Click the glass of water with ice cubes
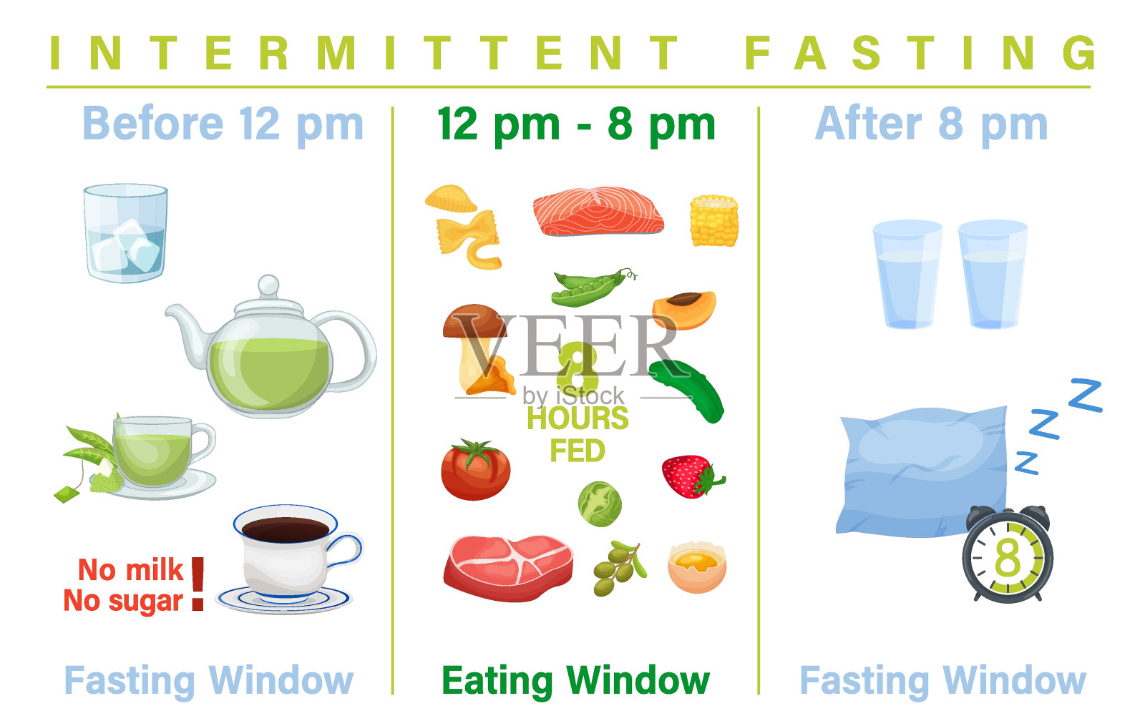pos(126,233)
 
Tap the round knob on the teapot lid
pos(268,285)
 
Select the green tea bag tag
pos(67,494)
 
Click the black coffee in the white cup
pos(286,529)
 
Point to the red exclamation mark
pos(198,584)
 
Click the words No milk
pos(130,569)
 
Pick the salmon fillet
pos(598,211)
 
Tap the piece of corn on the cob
pos(714,221)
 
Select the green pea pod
pos(593,287)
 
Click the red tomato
pos(475,469)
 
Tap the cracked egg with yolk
pos(697,566)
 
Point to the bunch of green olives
pos(619,568)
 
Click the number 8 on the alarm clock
pos(1008,557)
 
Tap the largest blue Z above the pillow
pos(1086,395)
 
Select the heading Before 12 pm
pos(223,124)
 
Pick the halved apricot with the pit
pos(684,309)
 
